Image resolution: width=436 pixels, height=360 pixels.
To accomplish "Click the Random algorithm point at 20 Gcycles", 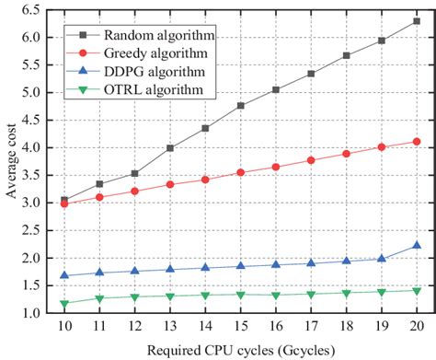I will pos(417,20).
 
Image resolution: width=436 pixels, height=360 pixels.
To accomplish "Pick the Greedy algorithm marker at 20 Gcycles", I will pos(417,141).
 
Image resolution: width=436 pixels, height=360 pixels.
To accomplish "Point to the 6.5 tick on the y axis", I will pos(55,9).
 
